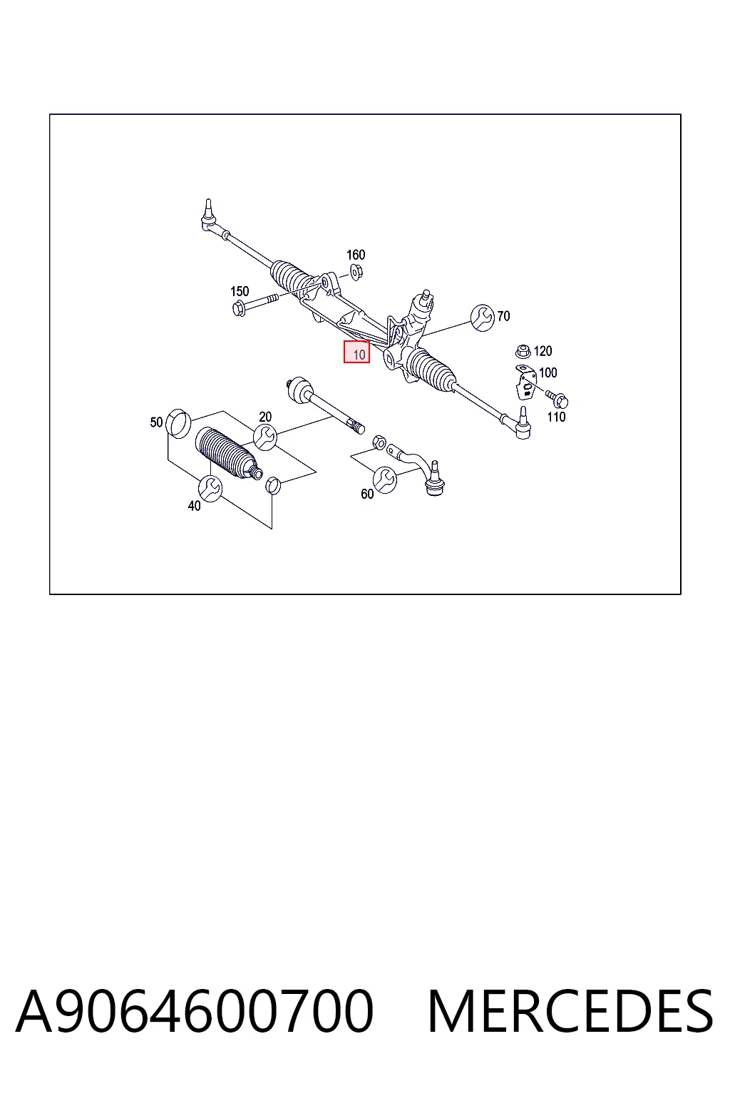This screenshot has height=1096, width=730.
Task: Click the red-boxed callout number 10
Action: click(359, 354)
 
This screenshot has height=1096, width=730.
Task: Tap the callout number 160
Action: click(356, 255)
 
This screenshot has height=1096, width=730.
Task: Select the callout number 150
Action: click(240, 291)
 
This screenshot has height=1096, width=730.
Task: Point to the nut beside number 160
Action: click(356, 272)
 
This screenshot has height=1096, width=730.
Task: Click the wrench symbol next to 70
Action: click(483, 318)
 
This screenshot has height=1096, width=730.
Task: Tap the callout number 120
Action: click(543, 351)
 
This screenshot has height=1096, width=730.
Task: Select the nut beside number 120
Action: click(523, 351)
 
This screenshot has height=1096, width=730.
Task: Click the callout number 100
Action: click(548, 372)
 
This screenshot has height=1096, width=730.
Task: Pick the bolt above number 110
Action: click(557, 399)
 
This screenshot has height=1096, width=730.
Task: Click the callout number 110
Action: click(556, 417)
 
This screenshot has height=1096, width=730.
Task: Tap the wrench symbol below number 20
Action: click(265, 437)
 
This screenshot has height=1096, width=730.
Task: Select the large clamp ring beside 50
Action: click(178, 424)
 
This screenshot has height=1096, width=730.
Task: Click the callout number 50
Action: click(156, 422)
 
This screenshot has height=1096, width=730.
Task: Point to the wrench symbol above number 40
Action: click(210, 488)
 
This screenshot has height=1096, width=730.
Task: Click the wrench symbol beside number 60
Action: click(385, 479)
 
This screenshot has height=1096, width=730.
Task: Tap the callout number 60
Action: click(367, 494)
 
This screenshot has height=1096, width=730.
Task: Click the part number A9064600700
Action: click(195, 1011)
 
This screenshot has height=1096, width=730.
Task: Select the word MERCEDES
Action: click(570, 1011)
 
